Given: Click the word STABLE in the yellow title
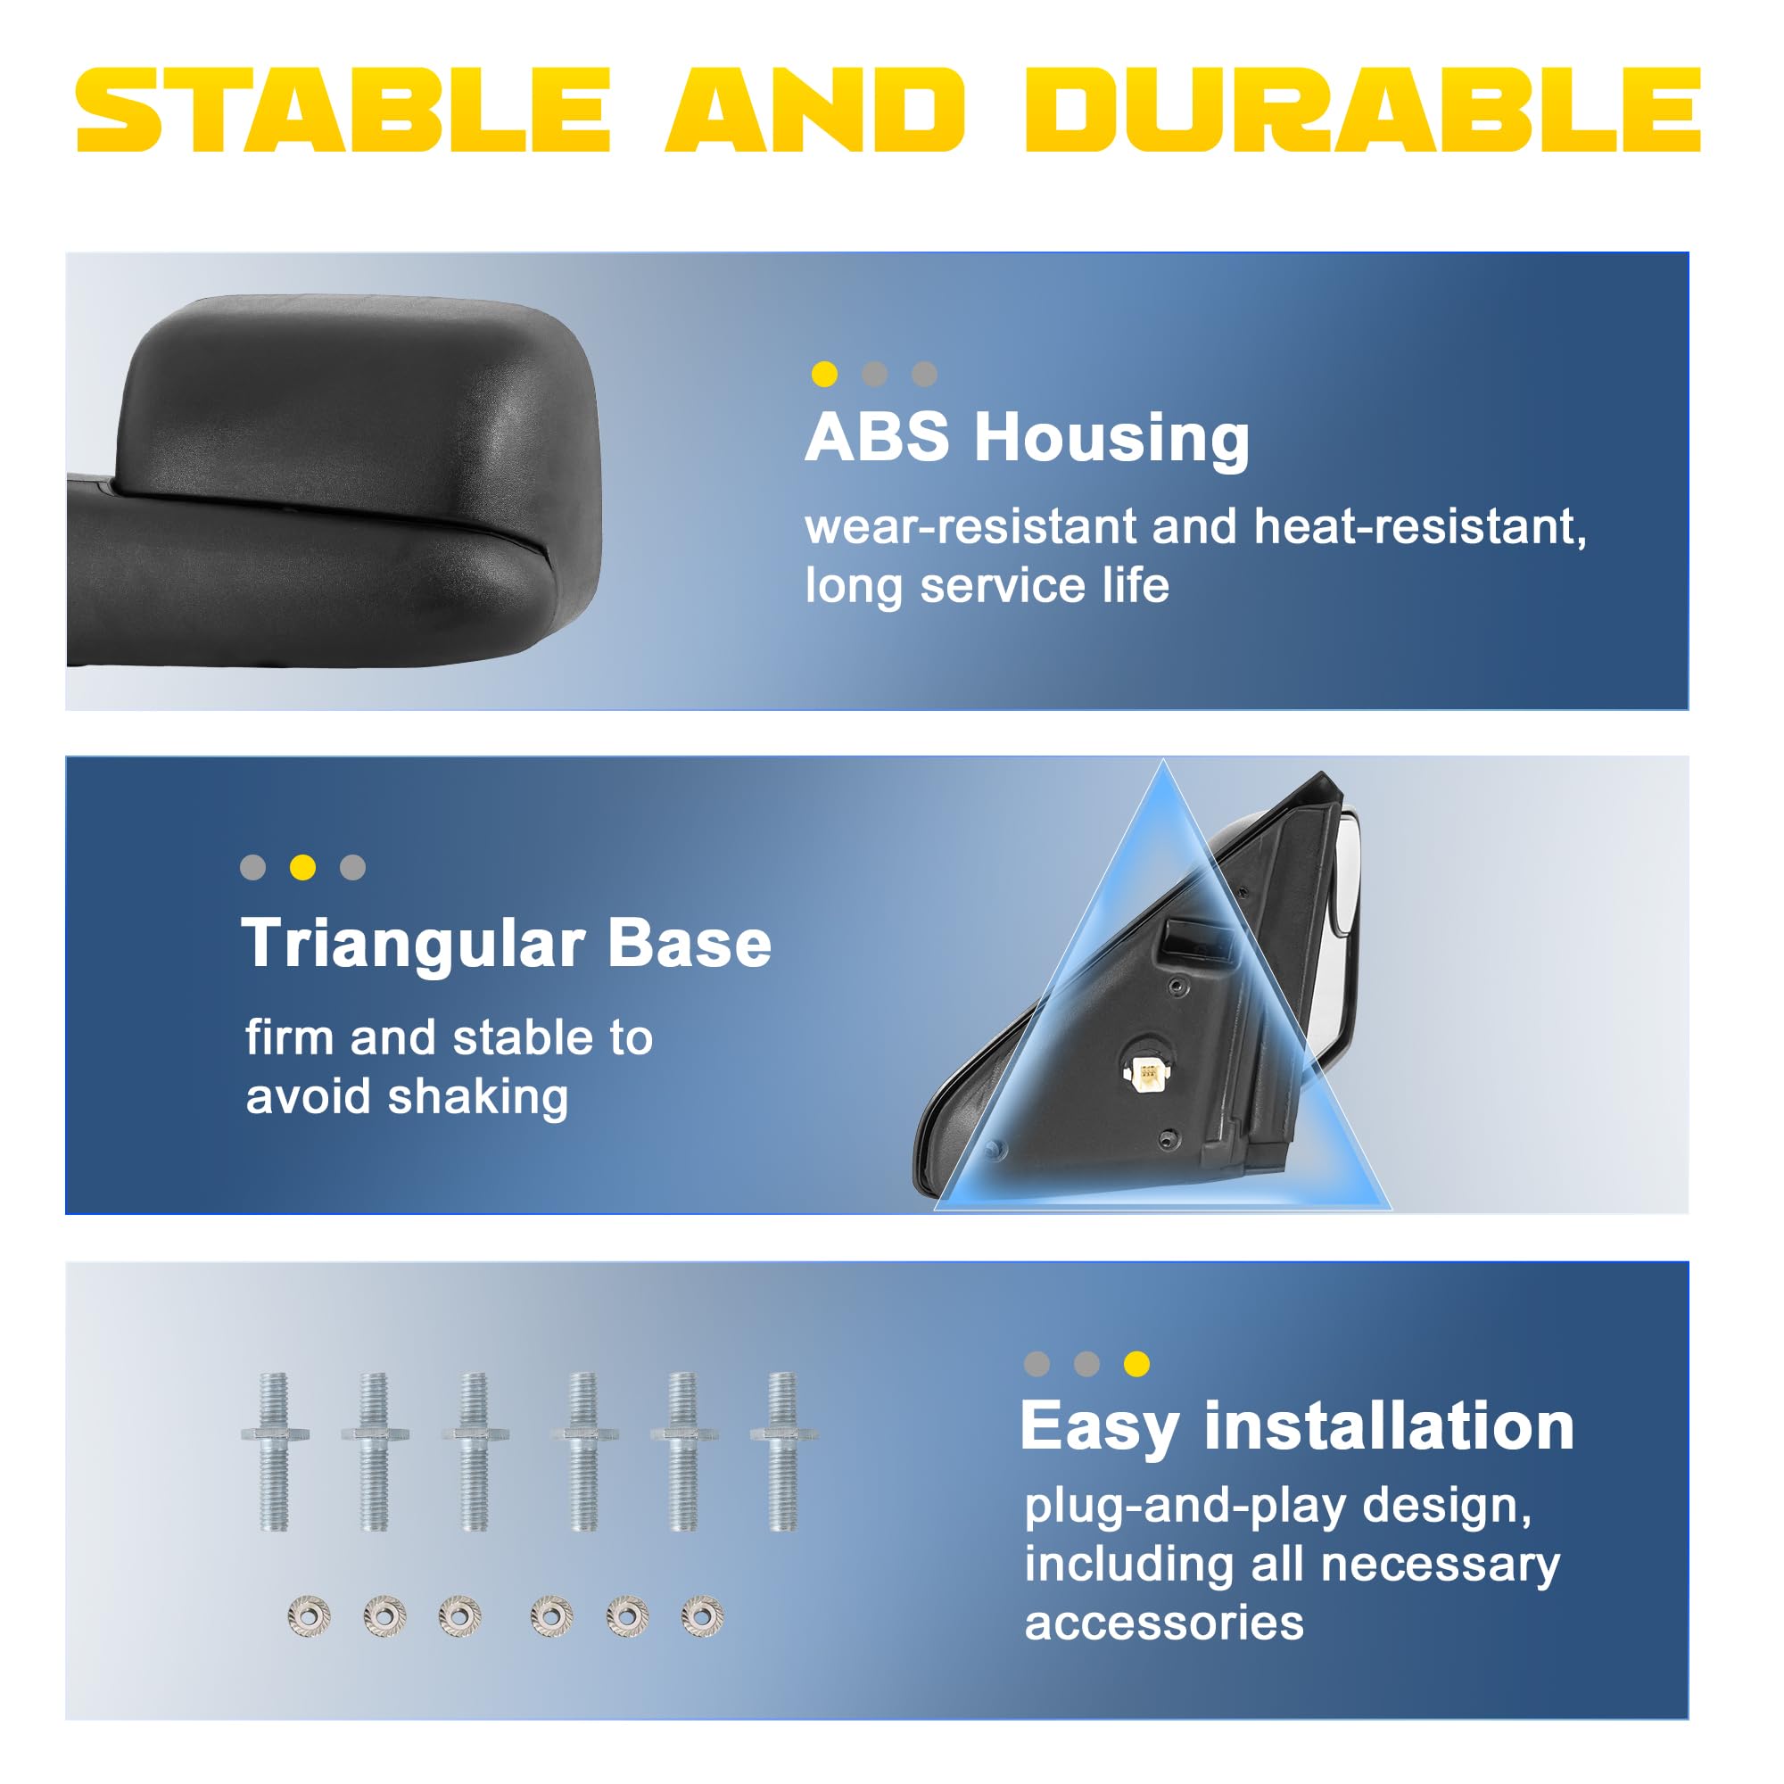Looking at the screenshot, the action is point(343,109).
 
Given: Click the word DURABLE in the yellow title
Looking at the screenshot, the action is point(1362,109).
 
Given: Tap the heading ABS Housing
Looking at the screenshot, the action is point(1027,439).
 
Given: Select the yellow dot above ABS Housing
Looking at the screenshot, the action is point(824,374).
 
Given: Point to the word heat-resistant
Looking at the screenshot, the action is point(1419,527).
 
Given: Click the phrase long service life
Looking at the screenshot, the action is point(987,585).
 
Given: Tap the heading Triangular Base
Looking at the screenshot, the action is point(506,944).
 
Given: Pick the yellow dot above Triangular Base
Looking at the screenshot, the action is point(303,867).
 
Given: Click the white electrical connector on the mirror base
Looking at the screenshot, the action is point(1146,1073).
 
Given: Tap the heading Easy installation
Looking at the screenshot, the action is point(1297,1427).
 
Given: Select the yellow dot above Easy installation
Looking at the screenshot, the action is point(1136,1364).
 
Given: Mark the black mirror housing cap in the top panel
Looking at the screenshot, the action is point(360,416).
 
